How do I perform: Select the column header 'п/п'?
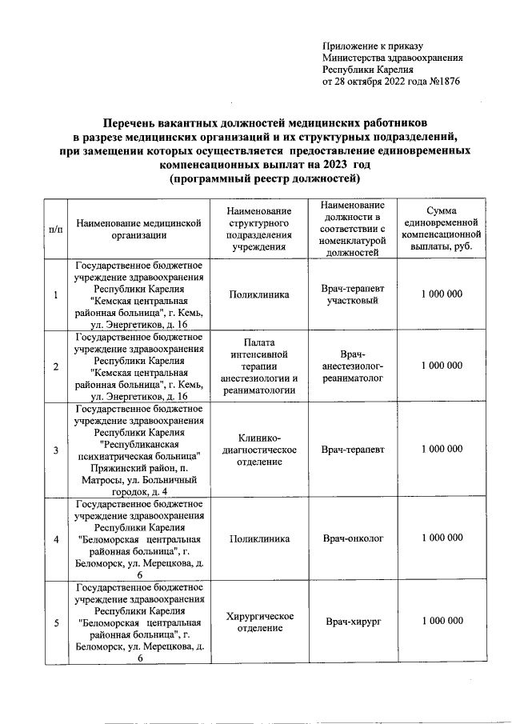[x=56, y=229]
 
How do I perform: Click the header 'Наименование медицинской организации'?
[x=139, y=229]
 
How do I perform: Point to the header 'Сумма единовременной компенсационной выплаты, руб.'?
[x=442, y=229]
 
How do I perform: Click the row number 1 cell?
[x=56, y=295]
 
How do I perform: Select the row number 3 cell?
[x=56, y=450]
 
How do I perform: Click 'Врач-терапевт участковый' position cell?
[x=352, y=295]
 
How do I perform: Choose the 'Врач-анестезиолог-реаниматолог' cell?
[x=352, y=366]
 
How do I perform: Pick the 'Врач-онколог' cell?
[x=352, y=538]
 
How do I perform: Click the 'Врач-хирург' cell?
[x=352, y=622]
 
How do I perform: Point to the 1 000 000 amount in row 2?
[x=442, y=366]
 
